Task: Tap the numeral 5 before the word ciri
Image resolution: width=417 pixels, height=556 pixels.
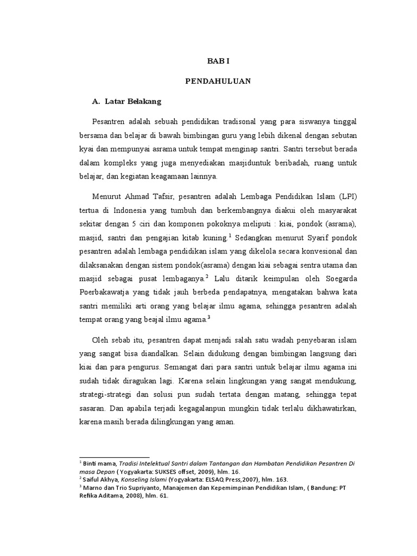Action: pos(146,224)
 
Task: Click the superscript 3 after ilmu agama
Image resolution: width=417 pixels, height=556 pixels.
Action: pos(208,317)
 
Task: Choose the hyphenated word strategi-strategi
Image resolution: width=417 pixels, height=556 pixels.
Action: pos(110,393)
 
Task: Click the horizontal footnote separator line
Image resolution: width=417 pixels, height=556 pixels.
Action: pos(114,457)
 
